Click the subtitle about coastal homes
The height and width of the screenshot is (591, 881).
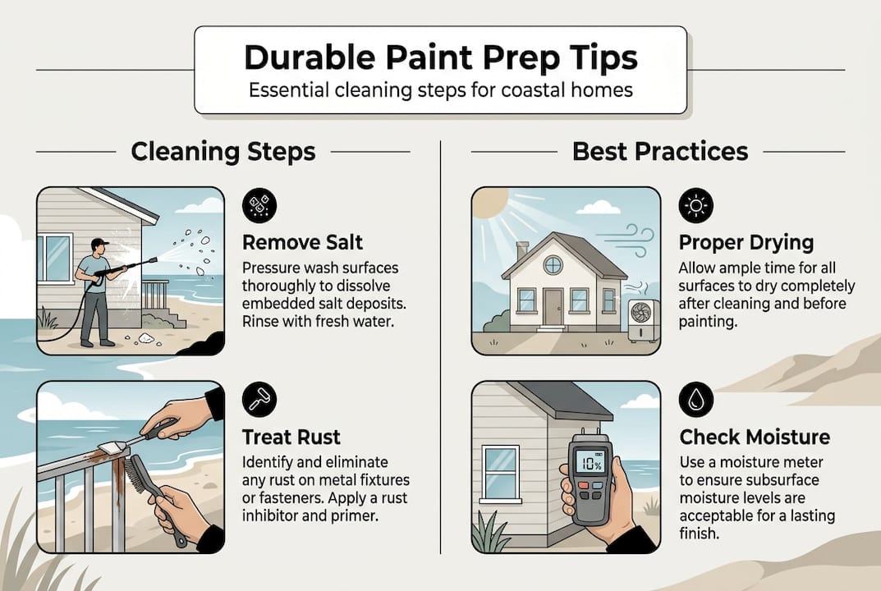(x=440, y=89)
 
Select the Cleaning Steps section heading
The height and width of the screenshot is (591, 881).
(x=223, y=152)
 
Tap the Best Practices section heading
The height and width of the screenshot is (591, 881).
(x=660, y=152)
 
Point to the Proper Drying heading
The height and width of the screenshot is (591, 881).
(x=746, y=243)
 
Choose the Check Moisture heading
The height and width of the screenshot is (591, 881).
(x=755, y=438)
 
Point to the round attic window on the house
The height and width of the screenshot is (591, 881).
(x=553, y=264)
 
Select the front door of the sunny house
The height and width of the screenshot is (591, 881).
(x=553, y=306)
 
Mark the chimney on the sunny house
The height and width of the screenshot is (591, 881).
(x=522, y=251)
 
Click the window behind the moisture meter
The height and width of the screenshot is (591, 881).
(x=501, y=472)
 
